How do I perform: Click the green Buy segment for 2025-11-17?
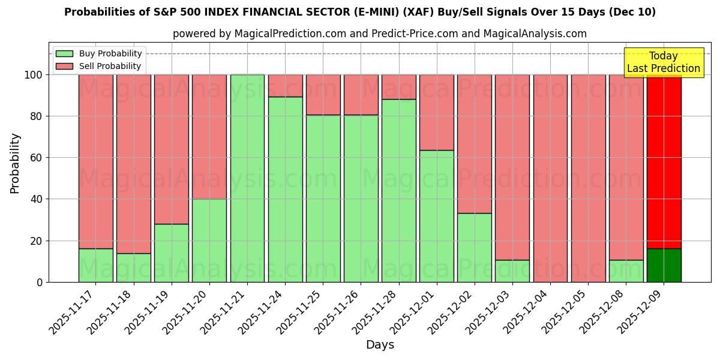click(x=95, y=265)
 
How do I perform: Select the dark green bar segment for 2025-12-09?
click(x=664, y=265)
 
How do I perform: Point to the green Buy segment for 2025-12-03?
click(x=512, y=271)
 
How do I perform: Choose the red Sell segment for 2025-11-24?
click(x=285, y=85)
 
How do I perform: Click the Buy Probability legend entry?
click(x=99, y=53)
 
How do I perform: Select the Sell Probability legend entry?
click(x=99, y=66)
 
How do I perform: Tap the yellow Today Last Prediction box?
click(x=664, y=62)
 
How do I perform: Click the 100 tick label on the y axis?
click(x=34, y=75)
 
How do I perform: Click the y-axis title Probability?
click(x=15, y=163)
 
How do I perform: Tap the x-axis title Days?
click(x=380, y=345)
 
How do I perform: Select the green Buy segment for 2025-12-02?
click(x=475, y=248)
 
